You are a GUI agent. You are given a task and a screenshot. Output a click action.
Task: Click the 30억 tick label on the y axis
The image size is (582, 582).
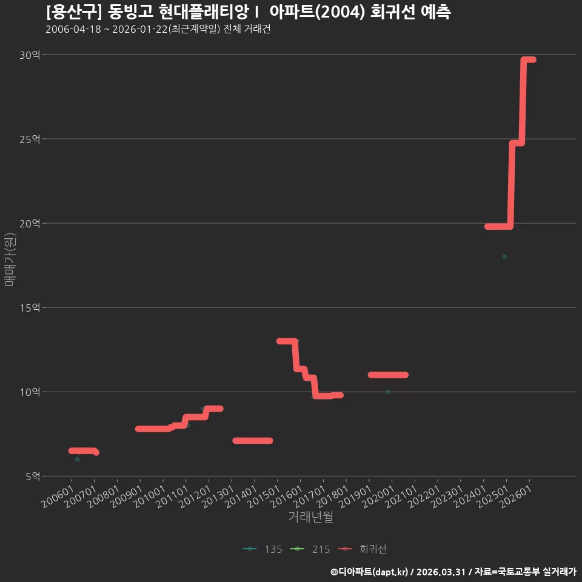(30, 55)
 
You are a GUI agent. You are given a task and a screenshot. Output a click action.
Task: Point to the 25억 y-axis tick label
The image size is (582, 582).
(30, 139)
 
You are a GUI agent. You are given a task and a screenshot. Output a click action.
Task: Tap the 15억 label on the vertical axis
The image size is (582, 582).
(30, 308)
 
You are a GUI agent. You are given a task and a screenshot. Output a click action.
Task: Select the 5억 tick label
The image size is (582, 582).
(33, 477)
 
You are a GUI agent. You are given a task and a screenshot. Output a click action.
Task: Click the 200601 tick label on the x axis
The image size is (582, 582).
(58, 497)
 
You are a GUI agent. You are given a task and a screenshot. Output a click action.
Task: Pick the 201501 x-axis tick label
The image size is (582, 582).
(264, 497)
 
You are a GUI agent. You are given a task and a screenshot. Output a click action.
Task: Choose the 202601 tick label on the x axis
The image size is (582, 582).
(516, 497)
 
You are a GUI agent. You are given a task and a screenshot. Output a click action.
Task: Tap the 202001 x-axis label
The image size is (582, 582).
(378, 497)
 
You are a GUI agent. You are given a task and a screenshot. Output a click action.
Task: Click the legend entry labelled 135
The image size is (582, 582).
(263, 549)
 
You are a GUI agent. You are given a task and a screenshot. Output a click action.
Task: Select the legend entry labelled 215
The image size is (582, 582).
(310, 549)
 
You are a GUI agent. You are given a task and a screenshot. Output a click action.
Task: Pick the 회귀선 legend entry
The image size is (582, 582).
(363, 549)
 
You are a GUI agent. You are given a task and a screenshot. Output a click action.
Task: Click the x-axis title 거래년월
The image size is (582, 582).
(310, 517)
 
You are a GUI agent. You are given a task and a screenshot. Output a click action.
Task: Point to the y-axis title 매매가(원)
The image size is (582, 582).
(10, 259)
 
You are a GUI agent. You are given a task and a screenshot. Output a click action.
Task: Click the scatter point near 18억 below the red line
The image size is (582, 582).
(504, 257)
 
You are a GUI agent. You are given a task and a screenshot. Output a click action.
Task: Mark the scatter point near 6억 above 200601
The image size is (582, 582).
(77, 459)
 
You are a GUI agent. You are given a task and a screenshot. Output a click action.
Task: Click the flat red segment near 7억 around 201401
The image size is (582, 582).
(253, 441)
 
